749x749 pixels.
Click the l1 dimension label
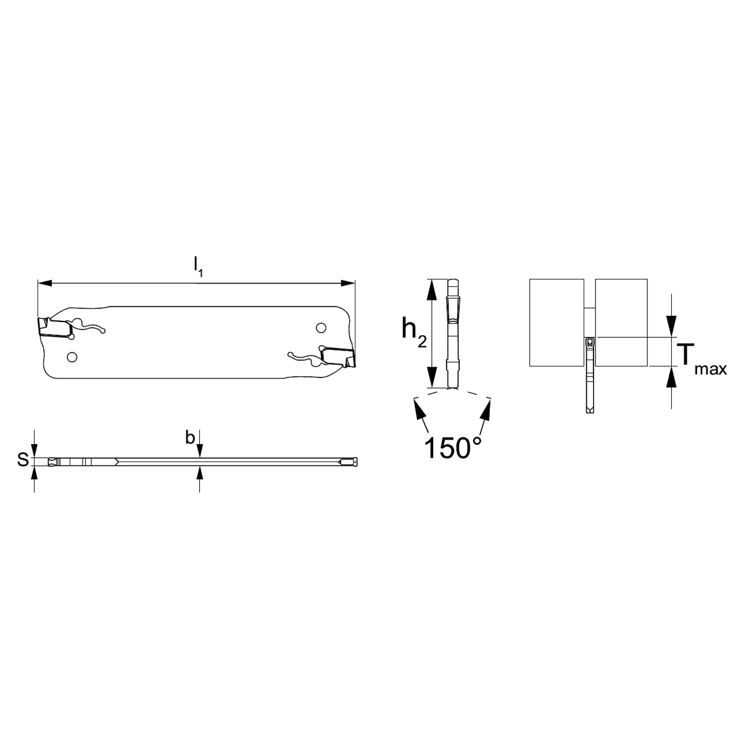[198, 267]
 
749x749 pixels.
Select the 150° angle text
[453, 447]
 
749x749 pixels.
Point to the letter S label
[23, 460]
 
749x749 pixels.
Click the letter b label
[189, 438]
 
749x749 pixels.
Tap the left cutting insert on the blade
[55, 327]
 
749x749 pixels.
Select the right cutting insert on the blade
[337, 357]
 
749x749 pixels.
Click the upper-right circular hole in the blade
[321, 328]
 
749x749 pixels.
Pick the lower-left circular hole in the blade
[72, 357]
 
